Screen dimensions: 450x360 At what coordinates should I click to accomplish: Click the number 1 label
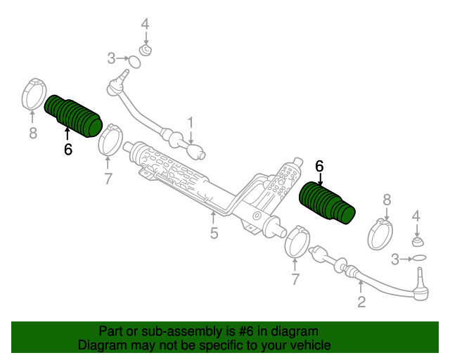click(x=191, y=122)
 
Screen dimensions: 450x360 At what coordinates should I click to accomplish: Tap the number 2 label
click(x=361, y=302)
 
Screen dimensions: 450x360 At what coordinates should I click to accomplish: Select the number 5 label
click(x=214, y=233)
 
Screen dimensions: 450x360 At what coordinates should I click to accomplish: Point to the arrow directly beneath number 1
click(x=191, y=137)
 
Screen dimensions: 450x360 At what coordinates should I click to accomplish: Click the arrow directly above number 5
click(x=213, y=218)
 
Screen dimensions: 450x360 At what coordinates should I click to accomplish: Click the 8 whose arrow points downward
click(x=387, y=200)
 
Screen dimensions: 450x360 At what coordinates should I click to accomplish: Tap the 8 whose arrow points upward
click(x=33, y=133)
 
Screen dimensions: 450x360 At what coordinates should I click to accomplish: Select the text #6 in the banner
click(x=246, y=331)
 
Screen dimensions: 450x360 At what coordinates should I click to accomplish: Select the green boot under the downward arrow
click(x=327, y=203)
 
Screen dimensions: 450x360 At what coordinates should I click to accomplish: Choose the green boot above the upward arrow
click(x=73, y=116)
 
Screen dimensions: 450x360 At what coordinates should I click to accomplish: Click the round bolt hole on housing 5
click(x=257, y=215)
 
